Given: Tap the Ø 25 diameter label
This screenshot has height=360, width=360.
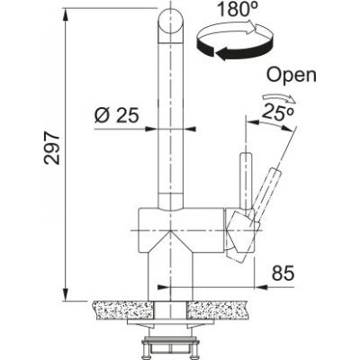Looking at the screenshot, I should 113,114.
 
